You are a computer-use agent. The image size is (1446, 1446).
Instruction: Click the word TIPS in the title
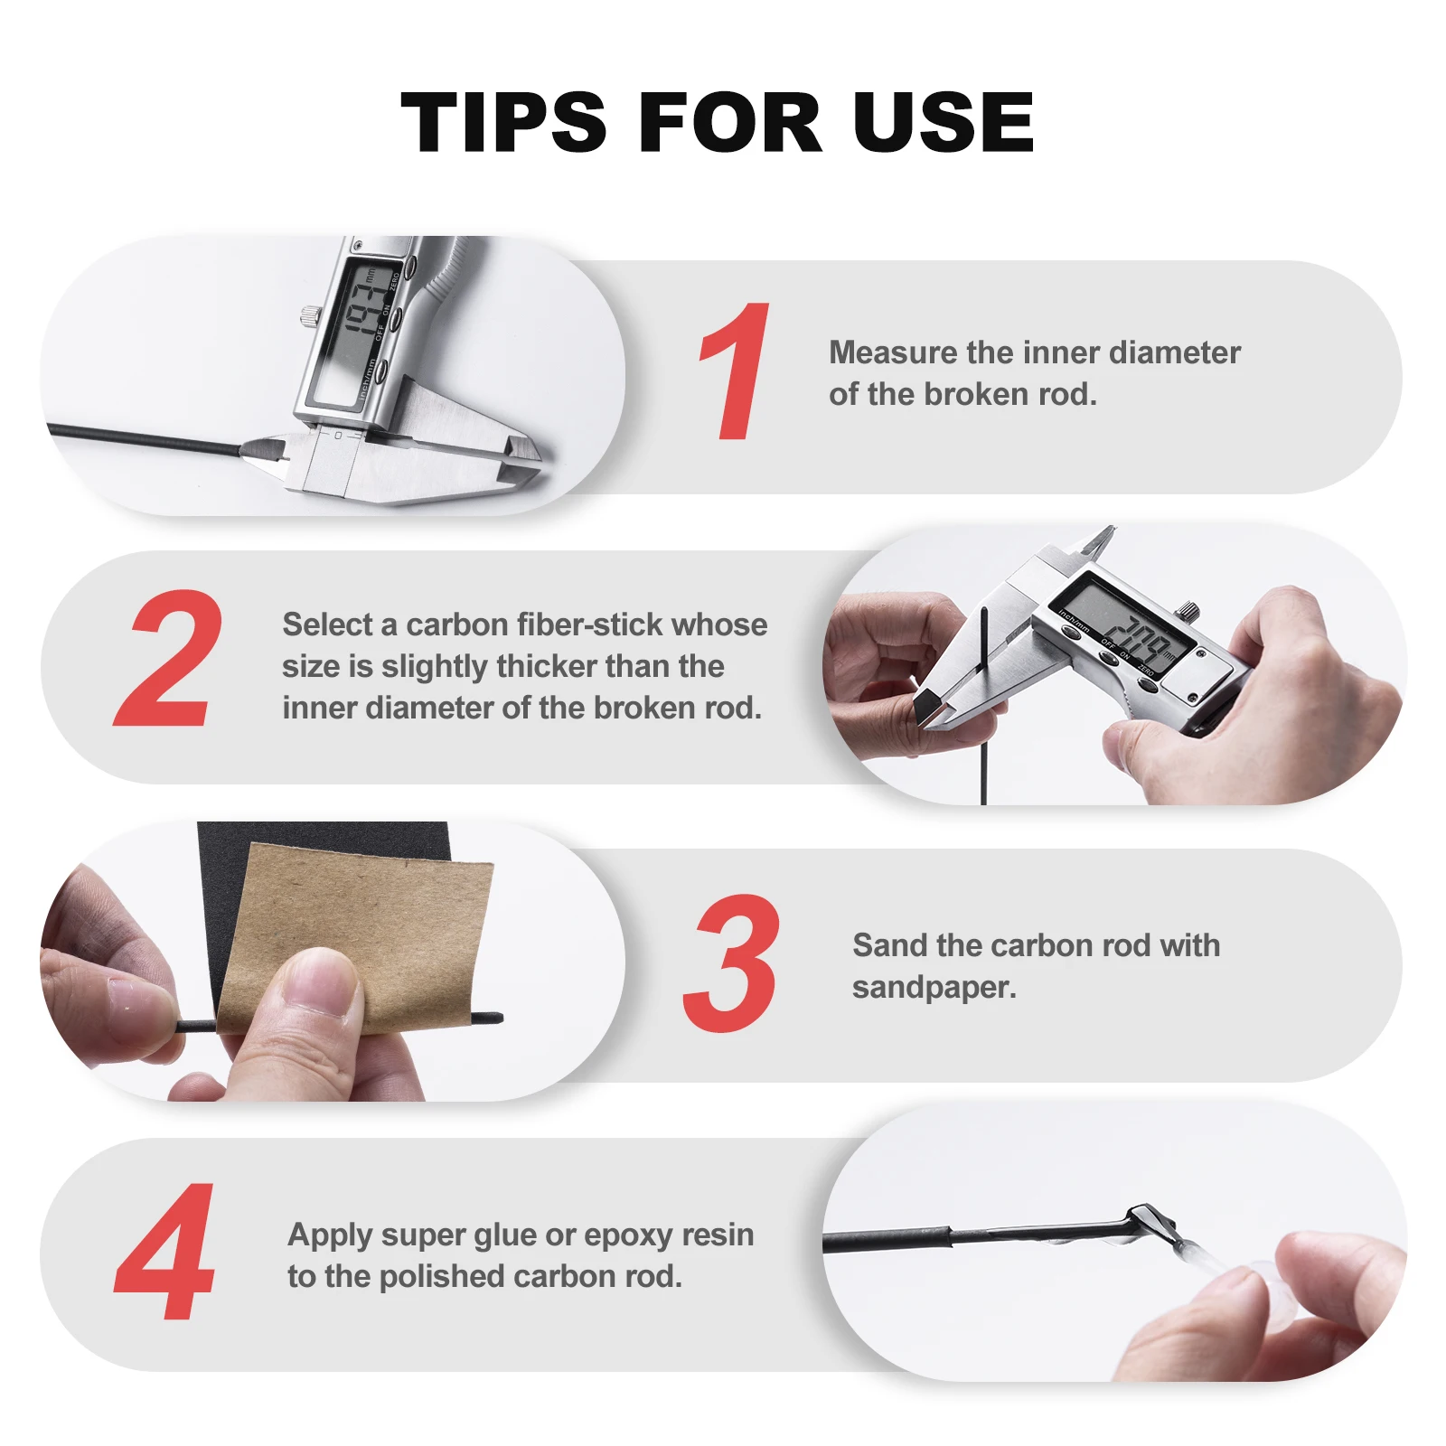(x=503, y=122)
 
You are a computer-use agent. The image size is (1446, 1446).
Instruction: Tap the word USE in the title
(x=943, y=122)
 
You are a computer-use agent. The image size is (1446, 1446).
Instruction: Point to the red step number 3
(x=731, y=962)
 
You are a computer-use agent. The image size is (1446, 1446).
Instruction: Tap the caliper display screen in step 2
(x=1126, y=624)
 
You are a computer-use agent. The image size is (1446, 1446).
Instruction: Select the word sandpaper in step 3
(x=934, y=988)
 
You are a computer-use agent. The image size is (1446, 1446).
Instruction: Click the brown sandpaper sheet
(x=356, y=935)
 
